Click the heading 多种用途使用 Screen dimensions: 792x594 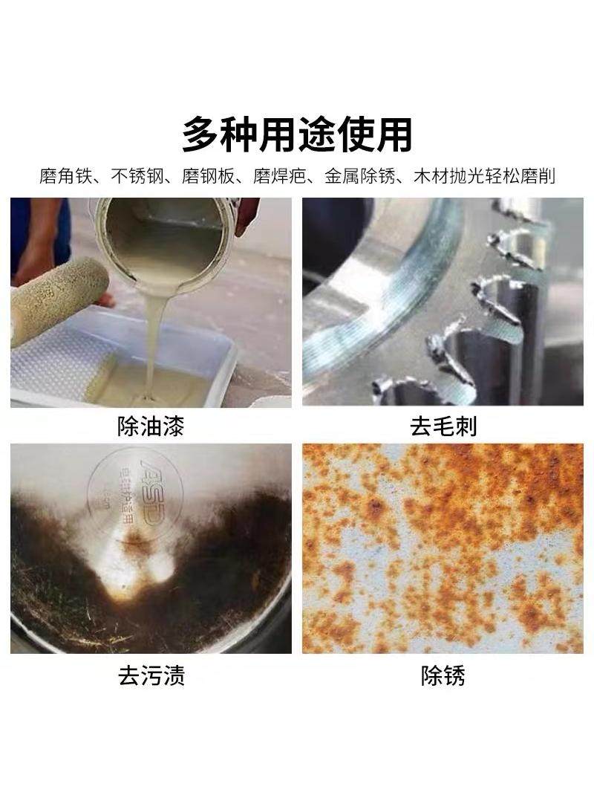coord(297,134)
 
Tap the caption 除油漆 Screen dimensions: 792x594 coord(151,426)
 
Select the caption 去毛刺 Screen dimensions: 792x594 coord(443,426)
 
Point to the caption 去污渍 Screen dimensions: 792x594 coord(151,675)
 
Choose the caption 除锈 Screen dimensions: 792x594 coord(443,675)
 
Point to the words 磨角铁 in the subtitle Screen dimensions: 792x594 coord(65,177)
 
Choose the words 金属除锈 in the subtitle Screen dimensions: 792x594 coord(359,177)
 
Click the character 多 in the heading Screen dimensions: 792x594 coord(202,134)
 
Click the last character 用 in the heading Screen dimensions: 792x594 coord(393,134)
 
